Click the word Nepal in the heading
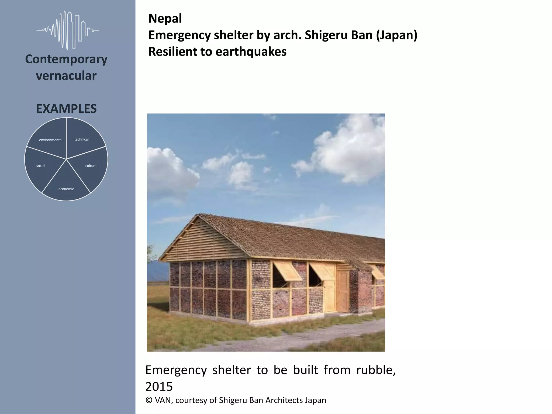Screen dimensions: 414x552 click(165, 19)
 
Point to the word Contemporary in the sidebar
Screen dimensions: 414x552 click(66, 59)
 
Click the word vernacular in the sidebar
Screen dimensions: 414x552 click(66, 76)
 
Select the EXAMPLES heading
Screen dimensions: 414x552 click(66, 109)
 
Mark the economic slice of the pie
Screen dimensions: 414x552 click(66, 186)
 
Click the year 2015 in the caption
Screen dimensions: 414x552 click(159, 387)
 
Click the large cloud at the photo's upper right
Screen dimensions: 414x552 click(350, 151)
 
